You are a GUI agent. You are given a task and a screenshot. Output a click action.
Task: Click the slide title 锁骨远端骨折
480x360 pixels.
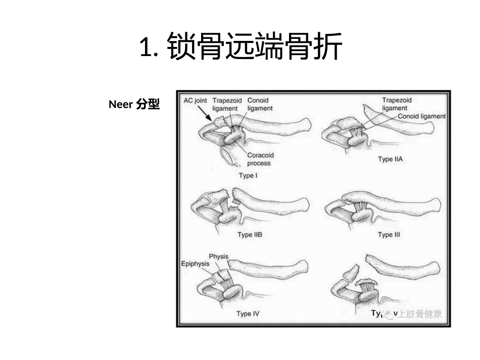point(241,47)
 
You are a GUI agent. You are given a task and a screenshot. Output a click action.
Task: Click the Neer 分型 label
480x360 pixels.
point(134,105)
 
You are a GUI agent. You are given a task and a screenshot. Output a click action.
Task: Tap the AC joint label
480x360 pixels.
point(195,100)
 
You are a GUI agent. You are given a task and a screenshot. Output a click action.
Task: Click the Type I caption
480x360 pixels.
point(248,176)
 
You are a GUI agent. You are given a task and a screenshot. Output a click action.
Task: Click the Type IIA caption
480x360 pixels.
point(393,159)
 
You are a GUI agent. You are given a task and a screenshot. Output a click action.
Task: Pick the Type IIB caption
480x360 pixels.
point(250,235)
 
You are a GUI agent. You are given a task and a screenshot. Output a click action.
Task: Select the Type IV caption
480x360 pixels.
point(248,314)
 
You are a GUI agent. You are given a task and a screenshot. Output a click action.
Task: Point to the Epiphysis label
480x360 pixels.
point(196,264)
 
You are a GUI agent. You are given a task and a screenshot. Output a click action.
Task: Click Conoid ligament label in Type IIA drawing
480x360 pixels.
point(421,116)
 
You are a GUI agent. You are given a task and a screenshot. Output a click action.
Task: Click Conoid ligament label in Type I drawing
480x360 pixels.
point(260,104)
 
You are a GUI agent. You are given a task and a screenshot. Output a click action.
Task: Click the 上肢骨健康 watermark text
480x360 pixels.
point(418,314)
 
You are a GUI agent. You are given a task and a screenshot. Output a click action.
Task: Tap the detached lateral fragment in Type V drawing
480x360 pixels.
point(349,275)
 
